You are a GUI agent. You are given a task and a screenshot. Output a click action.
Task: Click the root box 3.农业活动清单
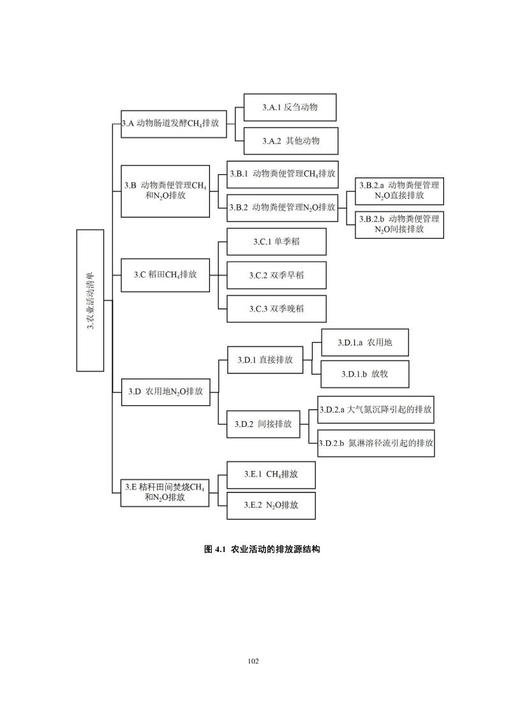[90, 300]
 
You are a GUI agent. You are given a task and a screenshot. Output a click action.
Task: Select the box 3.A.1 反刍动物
[290, 107]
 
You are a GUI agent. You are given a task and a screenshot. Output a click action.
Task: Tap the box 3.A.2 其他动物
[290, 141]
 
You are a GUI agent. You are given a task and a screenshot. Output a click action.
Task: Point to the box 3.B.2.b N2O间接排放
[399, 224]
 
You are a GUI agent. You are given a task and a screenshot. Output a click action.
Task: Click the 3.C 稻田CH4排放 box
[165, 275]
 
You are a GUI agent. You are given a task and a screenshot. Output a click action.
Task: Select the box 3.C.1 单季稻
[276, 242]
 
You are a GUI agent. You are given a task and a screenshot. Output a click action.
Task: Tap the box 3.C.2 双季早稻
[276, 276]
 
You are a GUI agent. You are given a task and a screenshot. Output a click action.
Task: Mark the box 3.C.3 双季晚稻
[276, 309]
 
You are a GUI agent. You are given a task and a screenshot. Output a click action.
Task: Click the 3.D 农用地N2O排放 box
[165, 391]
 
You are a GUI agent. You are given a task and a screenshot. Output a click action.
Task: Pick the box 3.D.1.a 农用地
[364, 343]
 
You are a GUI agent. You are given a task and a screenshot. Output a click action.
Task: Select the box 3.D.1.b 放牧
[364, 374]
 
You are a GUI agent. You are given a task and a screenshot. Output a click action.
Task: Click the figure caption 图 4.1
[262, 549]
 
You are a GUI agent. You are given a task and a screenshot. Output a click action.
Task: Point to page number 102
[253, 661]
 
